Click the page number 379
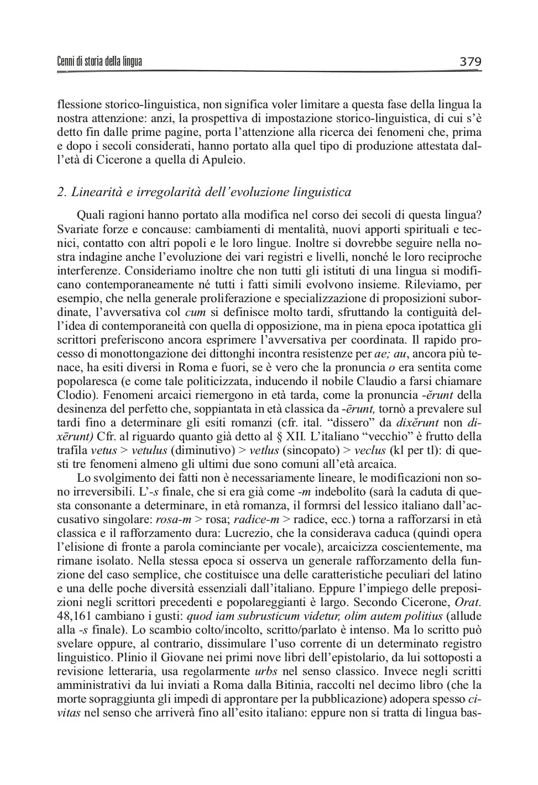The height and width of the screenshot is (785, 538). [471, 61]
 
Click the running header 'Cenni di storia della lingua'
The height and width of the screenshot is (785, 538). [100, 61]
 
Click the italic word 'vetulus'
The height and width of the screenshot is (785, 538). [149, 451]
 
